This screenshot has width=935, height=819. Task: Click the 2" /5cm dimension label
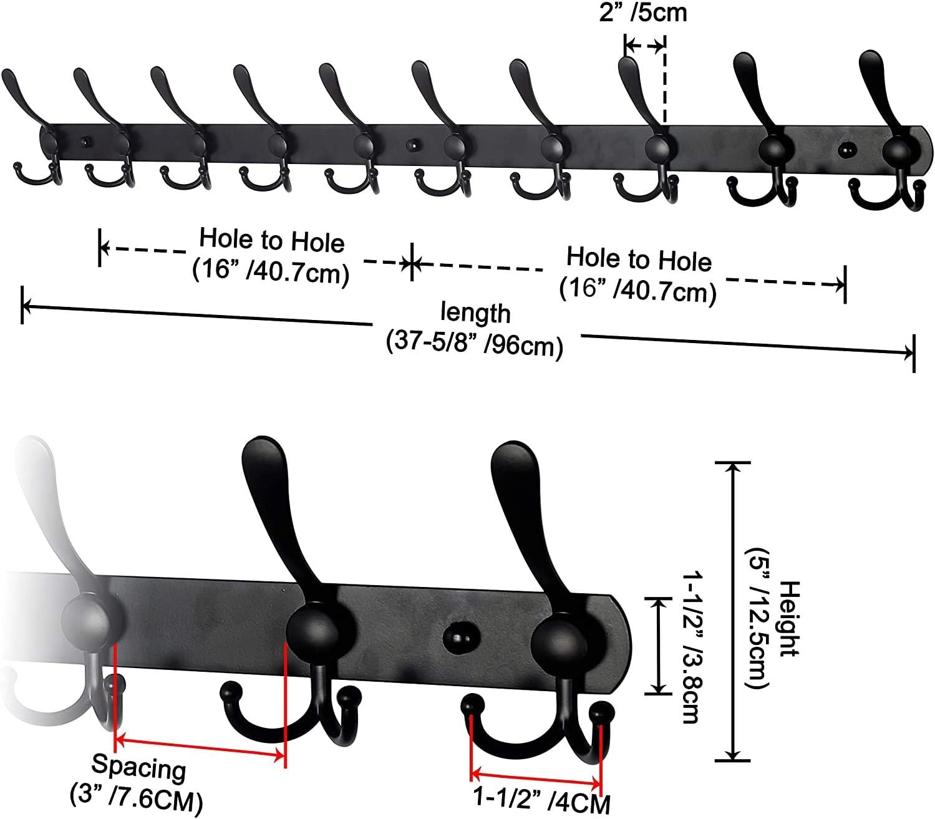click(x=643, y=12)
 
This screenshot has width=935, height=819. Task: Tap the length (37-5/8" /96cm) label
click(x=475, y=329)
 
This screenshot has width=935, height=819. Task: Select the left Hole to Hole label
click(x=271, y=255)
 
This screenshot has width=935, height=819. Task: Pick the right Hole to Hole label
click(x=638, y=274)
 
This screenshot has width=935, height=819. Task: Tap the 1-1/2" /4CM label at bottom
click(x=541, y=801)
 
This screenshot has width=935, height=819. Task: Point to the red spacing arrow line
click(x=200, y=748)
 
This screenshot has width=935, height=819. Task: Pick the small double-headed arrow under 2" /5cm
click(x=644, y=45)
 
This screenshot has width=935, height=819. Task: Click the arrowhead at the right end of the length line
click(x=908, y=352)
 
